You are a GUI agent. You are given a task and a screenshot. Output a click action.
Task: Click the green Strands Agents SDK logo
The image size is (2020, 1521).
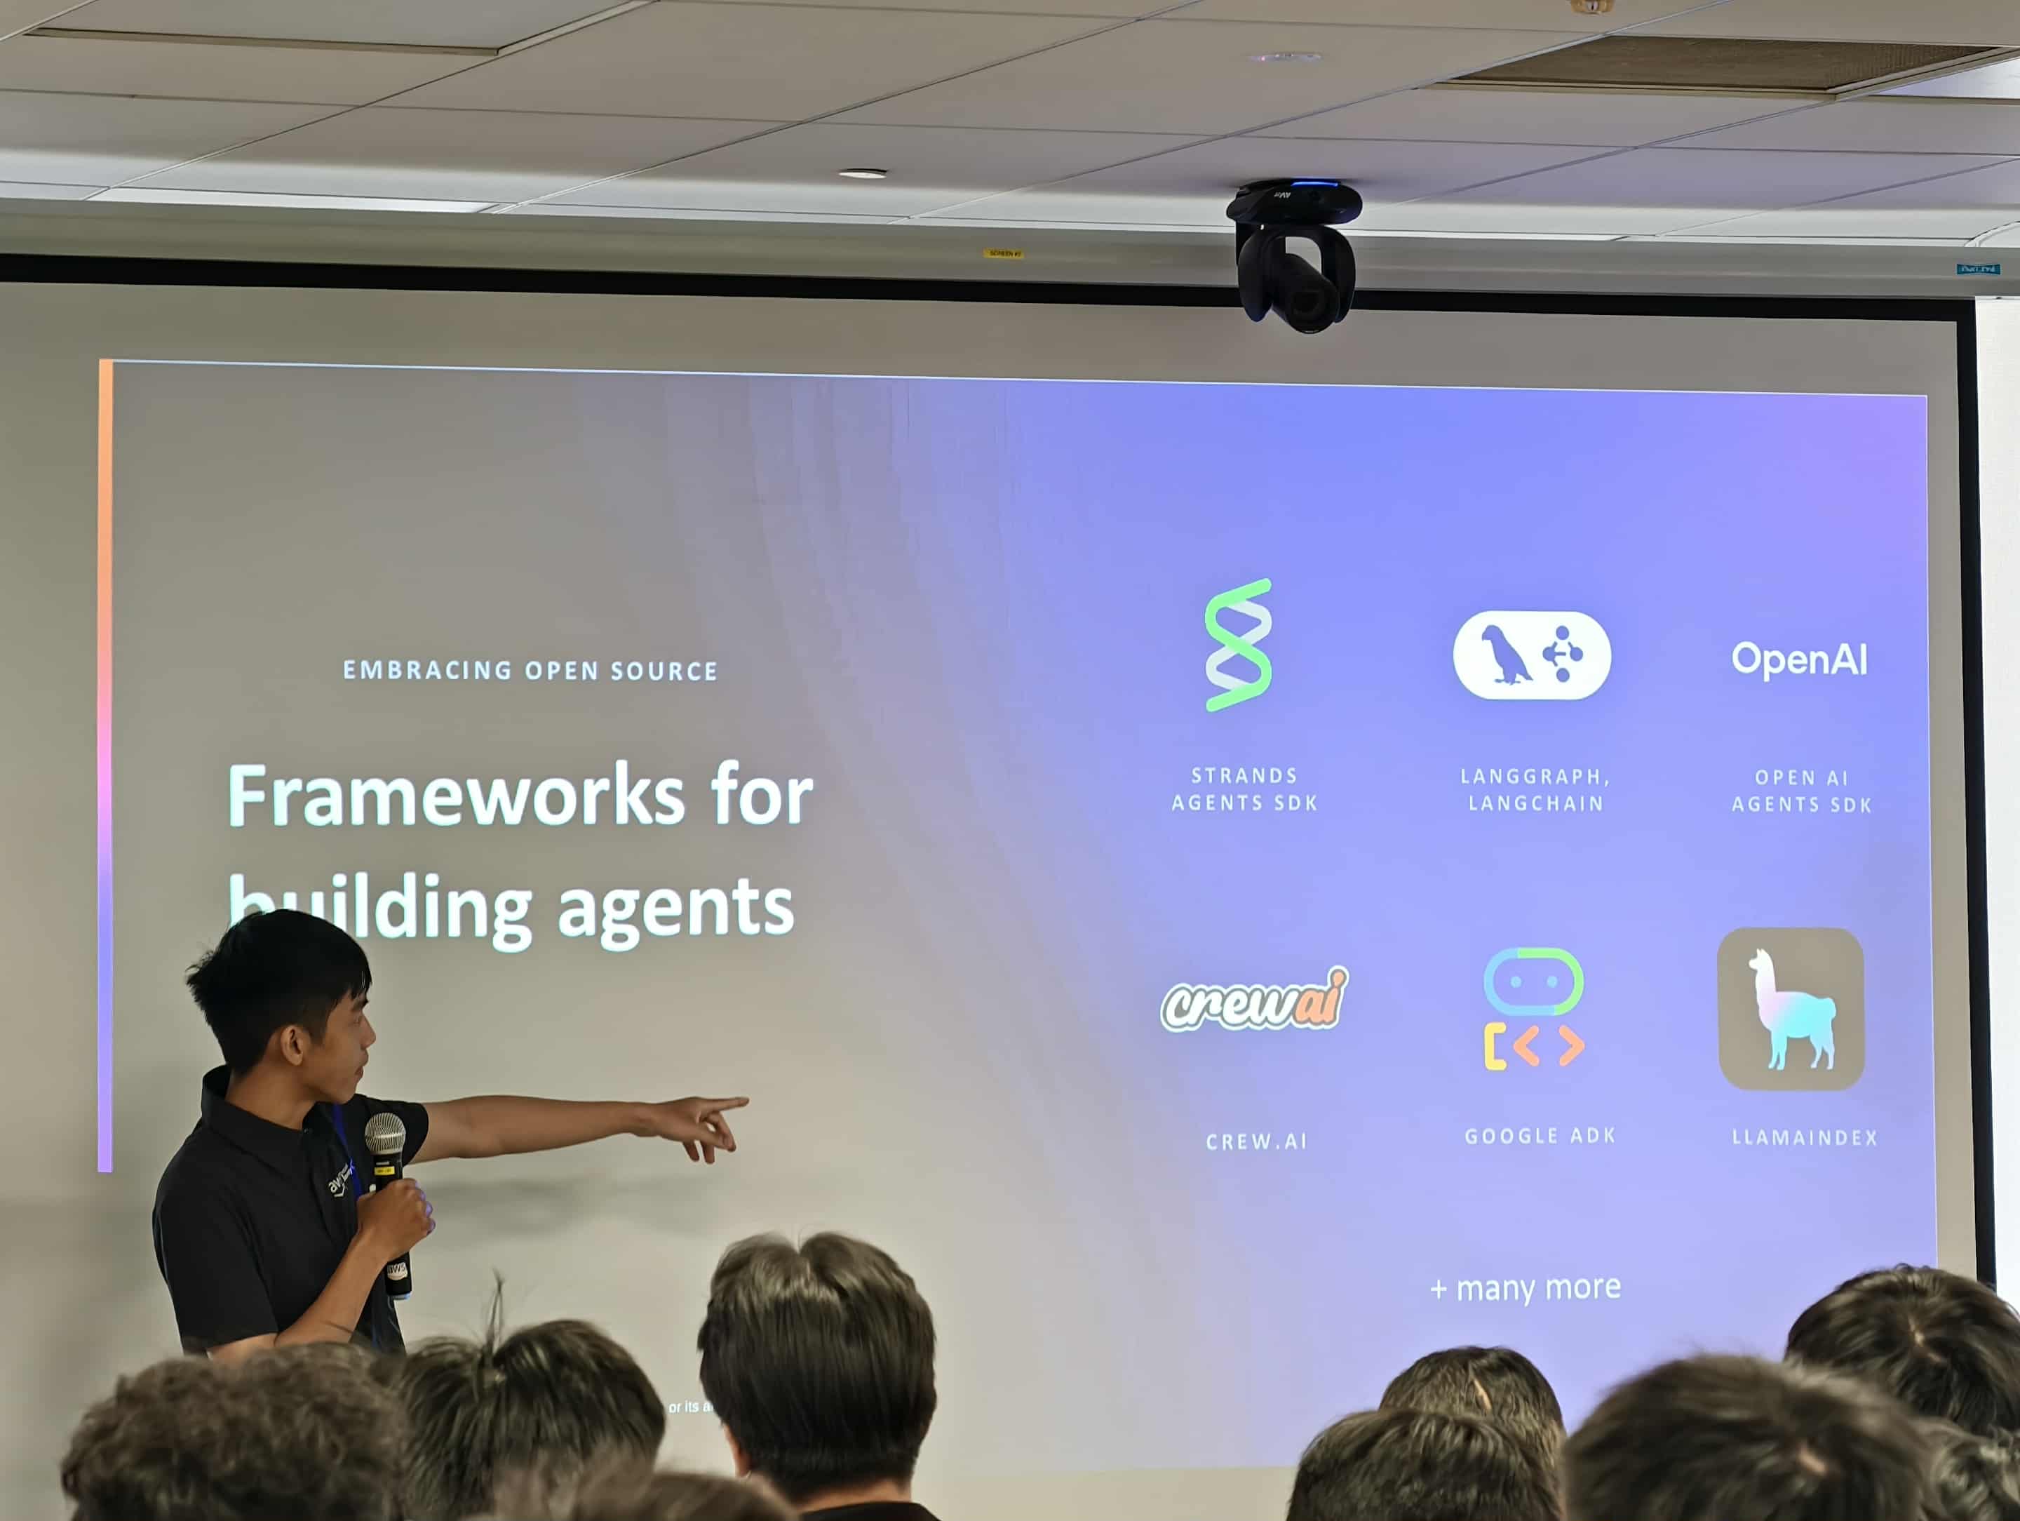pos(1238,645)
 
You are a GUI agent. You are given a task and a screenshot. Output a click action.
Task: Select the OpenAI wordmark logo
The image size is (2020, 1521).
pos(1799,659)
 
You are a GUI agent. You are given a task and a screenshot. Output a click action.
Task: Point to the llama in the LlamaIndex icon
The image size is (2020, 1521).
pos(1789,1010)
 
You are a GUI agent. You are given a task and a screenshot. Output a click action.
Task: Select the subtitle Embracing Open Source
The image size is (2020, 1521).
pos(530,671)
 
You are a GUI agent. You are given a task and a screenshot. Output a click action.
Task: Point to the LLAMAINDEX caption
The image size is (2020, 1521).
pos(1805,1138)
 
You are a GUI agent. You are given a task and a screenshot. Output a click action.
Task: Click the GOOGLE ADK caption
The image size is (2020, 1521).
pos(1540,1137)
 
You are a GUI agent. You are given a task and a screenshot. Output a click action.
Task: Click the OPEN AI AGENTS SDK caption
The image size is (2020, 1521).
pos(1801,791)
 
